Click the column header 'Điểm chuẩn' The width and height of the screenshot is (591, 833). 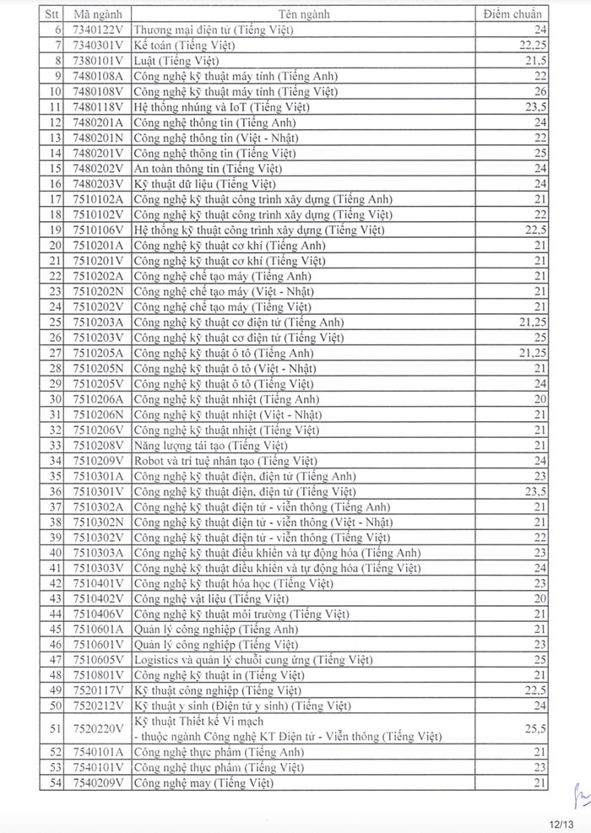[x=512, y=14]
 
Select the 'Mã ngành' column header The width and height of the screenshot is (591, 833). [x=98, y=14]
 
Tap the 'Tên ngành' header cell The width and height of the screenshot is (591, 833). [x=303, y=14]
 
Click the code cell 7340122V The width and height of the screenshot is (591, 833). [x=98, y=30]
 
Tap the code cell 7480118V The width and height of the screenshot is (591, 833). [x=98, y=106]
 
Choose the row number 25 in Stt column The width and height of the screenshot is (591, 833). [x=56, y=322]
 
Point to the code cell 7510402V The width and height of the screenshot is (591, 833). [x=98, y=598]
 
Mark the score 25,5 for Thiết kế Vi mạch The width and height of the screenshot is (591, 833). [x=535, y=728]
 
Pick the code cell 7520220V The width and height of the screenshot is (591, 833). [x=98, y=728]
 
